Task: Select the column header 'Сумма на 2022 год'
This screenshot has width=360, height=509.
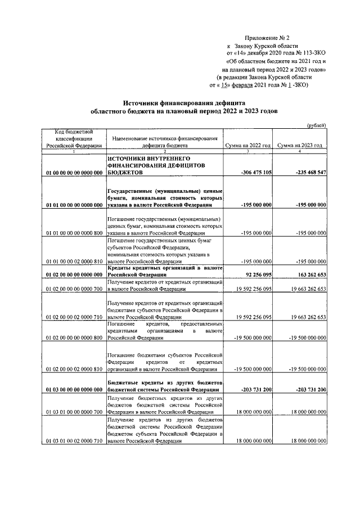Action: pyautogui.click(x=248, y=145)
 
